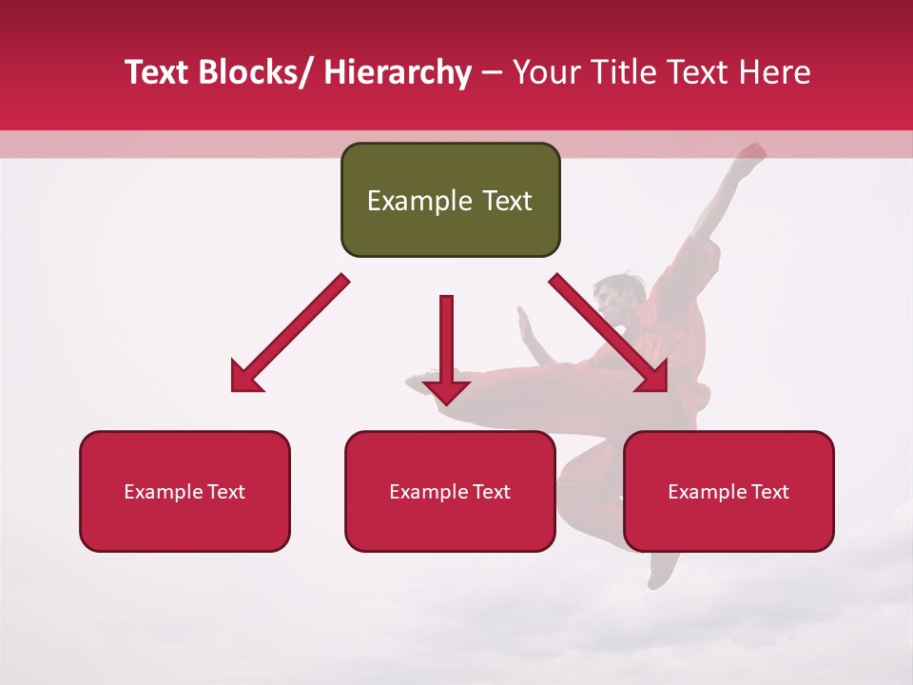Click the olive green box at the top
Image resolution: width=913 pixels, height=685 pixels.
[450, 200]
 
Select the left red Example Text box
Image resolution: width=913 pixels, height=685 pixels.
[185, 491]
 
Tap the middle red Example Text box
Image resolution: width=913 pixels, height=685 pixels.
[450, 491]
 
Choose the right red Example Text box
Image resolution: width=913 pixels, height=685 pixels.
[728, 491]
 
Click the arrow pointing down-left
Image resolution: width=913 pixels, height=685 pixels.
[290, 333]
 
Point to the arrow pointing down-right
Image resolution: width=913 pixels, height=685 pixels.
[609, 333]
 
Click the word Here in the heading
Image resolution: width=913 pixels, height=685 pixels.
[775, 72]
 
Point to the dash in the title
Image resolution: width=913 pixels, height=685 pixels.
[492, 73]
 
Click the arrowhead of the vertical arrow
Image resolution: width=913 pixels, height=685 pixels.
[446, 390]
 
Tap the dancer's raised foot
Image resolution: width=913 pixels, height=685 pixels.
[751, 154]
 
